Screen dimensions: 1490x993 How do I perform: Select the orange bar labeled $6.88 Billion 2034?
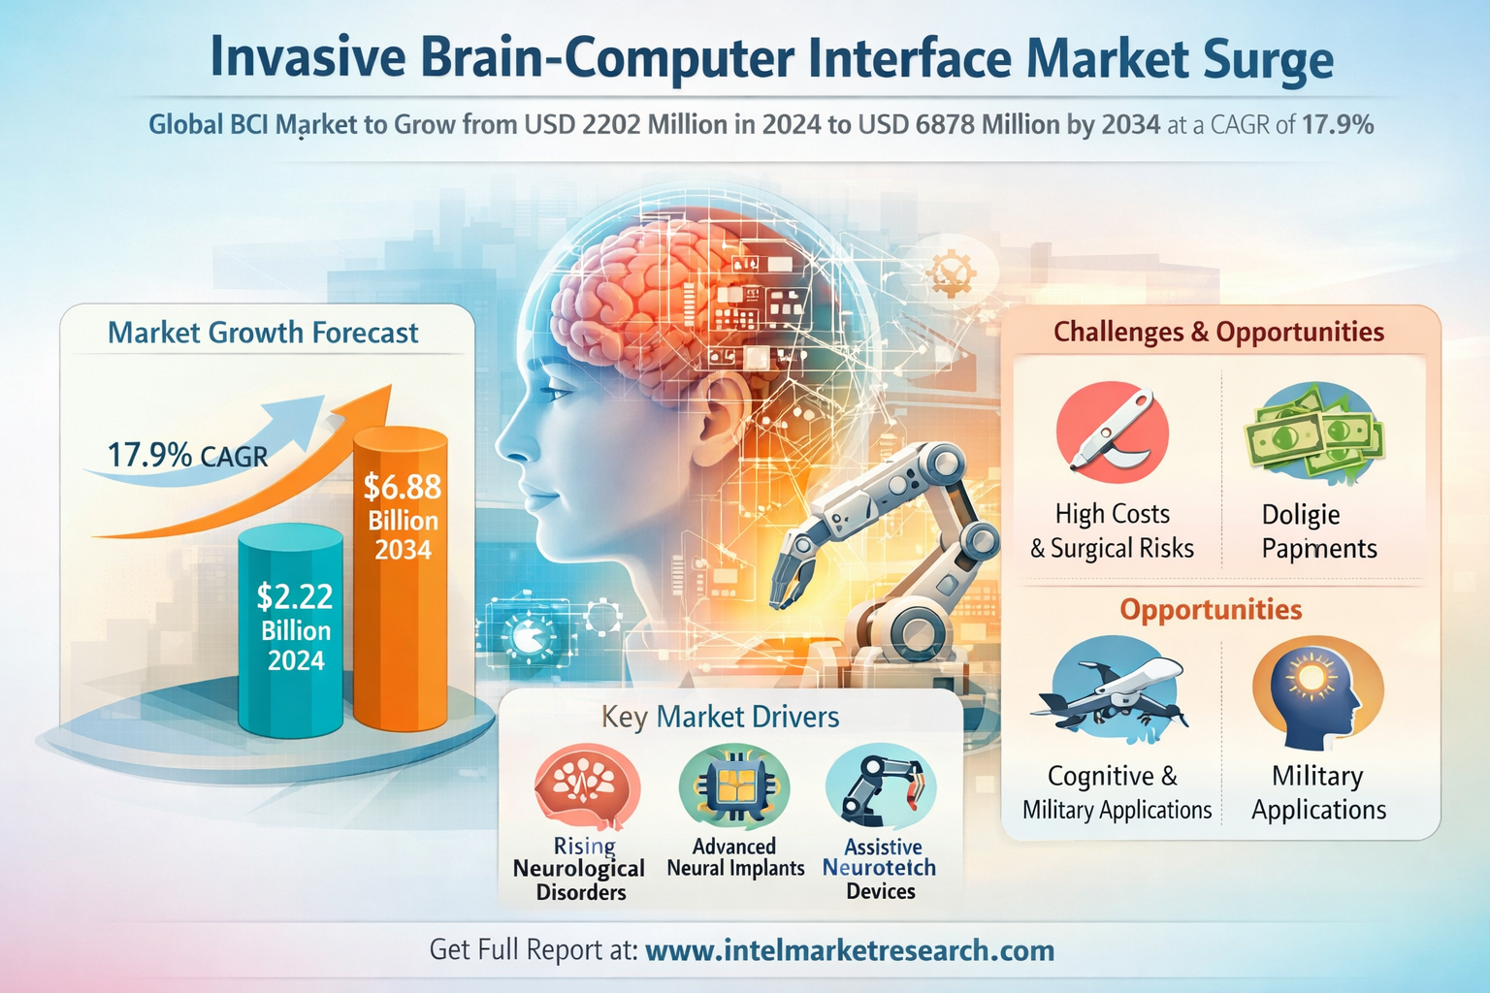[401, 579]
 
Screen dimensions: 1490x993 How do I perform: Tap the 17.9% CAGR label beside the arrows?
[187, 456]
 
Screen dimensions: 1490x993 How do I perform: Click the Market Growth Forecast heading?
[263, 333]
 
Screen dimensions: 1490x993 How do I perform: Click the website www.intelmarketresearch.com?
[850, 950]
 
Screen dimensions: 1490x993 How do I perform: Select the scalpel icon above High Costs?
[1113, 432]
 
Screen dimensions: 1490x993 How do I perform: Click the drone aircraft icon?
[1110, 691]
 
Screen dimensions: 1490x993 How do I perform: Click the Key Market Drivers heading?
[721, 717]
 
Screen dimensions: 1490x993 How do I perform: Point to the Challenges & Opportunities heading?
[1218, 332]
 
